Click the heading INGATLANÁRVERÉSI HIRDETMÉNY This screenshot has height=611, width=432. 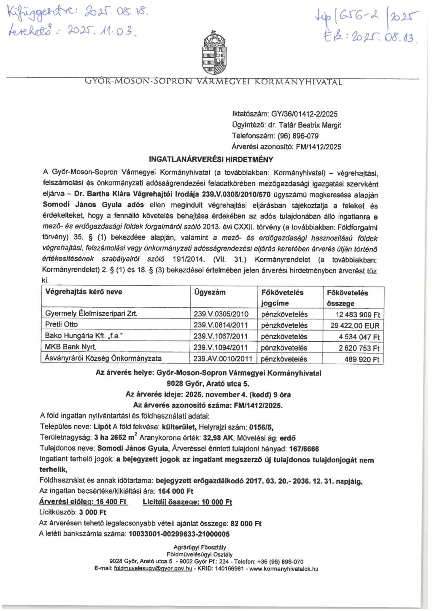point(211,160)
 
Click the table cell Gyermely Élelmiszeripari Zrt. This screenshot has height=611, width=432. point(91,314)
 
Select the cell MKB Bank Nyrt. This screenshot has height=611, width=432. point(70,347)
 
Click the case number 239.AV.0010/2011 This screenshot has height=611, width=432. point(223,359)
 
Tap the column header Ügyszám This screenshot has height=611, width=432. point(210,292)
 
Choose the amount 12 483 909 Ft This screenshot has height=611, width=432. point(358,314)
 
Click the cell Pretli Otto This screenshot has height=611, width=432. point(62,324)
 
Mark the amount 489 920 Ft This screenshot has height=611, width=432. point(362,359)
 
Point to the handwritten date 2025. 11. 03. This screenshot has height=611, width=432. point(100,31)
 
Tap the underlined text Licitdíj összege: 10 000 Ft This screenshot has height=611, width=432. point(187,502)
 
